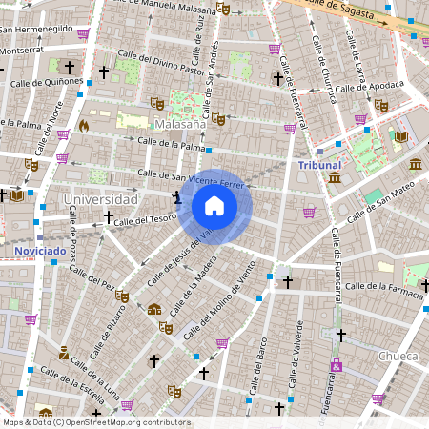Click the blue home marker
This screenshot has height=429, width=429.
(214, 206)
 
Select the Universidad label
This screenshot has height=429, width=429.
(100, 199)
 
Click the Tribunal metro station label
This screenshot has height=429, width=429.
(319, 165)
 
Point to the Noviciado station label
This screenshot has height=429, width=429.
(40, 252)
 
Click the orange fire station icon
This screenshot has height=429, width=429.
(84, 125)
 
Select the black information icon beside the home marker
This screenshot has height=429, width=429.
(176, 198)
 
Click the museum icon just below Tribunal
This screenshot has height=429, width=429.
(334, 177)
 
